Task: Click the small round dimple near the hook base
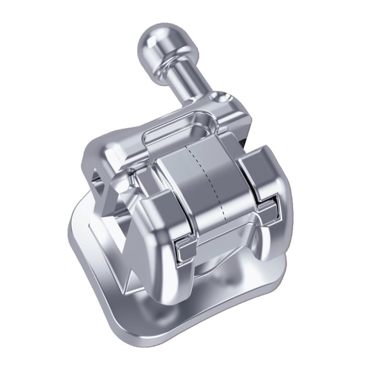(223, 97)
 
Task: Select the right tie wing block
(261, 174)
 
